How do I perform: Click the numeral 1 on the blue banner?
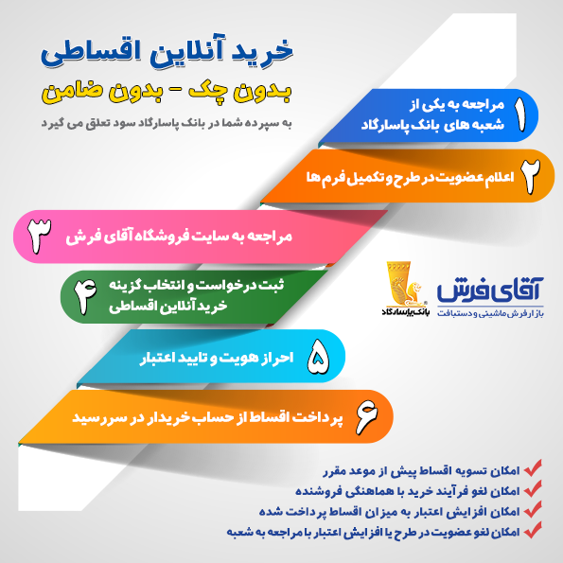[519, 114]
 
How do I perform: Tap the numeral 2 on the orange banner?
[530, 176]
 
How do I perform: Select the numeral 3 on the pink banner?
[39, 236]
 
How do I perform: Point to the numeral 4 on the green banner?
[85, 296]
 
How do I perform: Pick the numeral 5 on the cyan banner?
[318, 357]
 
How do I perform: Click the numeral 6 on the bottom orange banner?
[367, 416]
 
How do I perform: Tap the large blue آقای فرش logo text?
[490, 290]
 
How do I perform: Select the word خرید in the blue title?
[263, 51]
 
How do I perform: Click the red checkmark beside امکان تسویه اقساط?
[533, 467]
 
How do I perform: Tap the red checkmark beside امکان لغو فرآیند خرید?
[533, 488]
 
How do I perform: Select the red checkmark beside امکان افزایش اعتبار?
[533, 509]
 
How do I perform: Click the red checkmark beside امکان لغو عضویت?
[533, 530]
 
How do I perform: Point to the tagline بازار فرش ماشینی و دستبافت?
[490, 313]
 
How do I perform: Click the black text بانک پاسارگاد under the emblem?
[406, 311]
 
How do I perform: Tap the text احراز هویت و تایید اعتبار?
[217, 358]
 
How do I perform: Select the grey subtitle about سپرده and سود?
[167, 123]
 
